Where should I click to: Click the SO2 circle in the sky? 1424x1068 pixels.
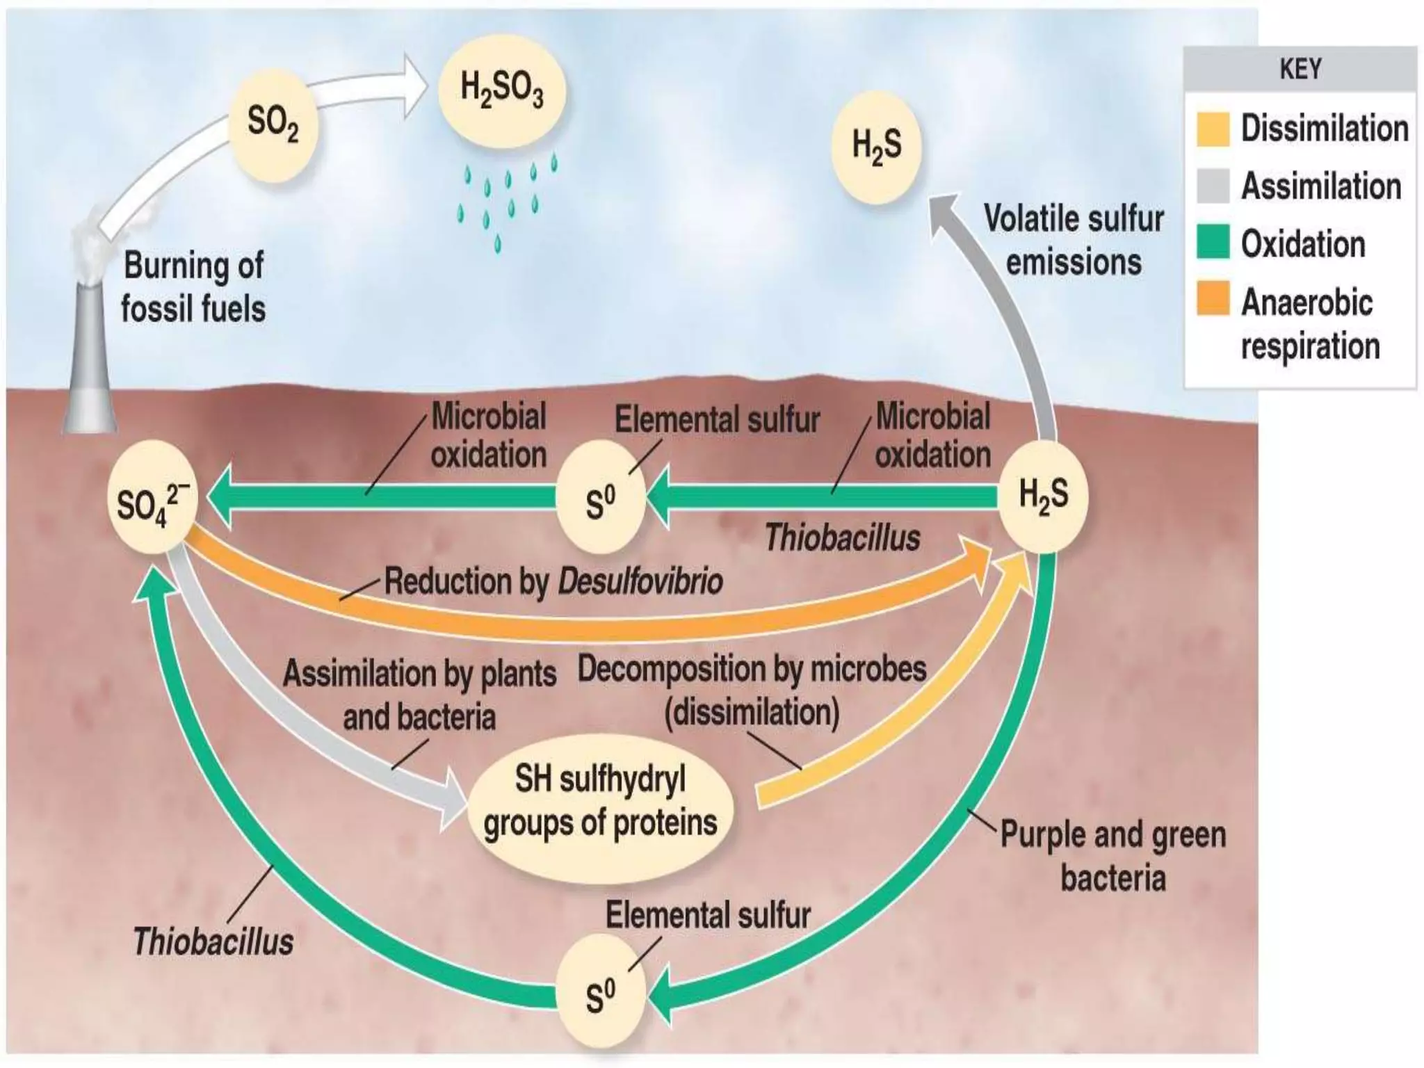273,125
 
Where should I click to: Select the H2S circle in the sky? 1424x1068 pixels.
877,147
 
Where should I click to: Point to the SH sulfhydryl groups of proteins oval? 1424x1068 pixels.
601,802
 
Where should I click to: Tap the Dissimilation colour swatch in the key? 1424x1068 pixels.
1213,129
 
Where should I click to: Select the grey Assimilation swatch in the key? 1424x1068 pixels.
1213,186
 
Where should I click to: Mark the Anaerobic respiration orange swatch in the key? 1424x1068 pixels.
1213,299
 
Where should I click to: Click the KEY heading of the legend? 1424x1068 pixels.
1300,70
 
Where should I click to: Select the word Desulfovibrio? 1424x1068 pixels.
640,581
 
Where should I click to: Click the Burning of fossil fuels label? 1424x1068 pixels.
193,287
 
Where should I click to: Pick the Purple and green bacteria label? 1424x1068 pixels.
1112,856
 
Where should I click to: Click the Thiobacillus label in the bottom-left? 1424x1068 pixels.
213,941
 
